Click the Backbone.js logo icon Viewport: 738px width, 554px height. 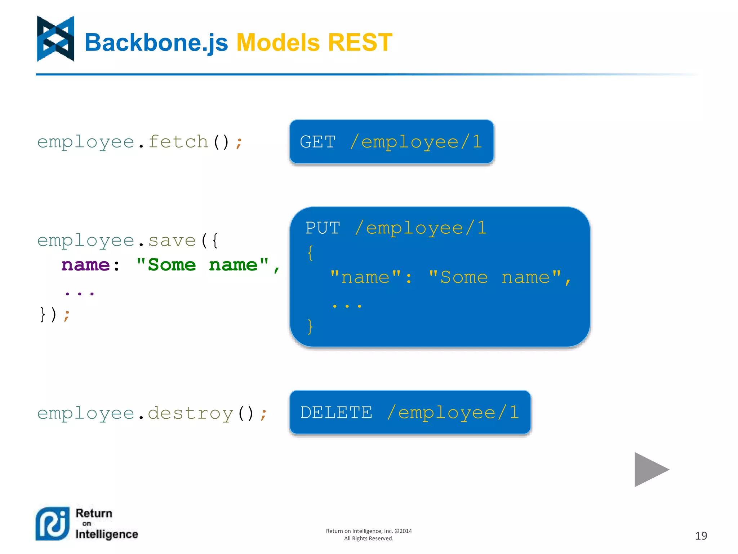pos(55,39)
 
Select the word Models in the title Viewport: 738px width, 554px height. pos(278,43)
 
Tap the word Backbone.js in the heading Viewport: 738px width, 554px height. pos(156,43)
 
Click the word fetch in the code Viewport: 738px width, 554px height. pos(178,142)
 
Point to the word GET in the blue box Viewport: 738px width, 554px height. pos(317,142)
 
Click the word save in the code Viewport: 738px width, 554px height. pos(172,241)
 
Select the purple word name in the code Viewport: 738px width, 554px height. pos(85,265)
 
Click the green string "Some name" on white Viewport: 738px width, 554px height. pos(203,265)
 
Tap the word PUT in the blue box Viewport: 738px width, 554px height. pos(323,228)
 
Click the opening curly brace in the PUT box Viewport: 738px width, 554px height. pos(310,252)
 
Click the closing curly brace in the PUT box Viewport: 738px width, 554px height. pos(310,326)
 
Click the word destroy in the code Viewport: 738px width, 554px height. pos(190,413)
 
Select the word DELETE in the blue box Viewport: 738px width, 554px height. pos(336,413)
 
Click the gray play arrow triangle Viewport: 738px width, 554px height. pos(649,469)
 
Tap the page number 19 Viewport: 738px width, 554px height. pos(701,536)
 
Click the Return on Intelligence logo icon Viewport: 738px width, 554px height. pos(53,524)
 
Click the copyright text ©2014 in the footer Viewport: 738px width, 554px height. pos(403,531)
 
